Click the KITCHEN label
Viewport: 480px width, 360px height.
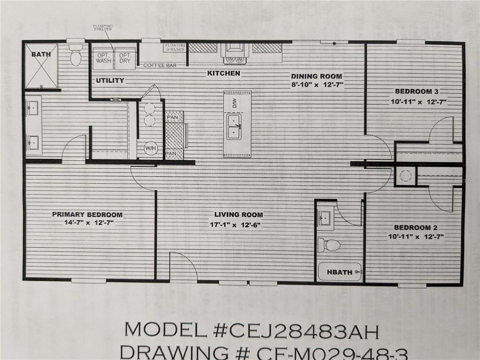223,73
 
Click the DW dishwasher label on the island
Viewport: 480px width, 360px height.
233,102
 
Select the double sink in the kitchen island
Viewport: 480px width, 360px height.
233,127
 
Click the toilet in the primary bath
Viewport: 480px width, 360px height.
75,55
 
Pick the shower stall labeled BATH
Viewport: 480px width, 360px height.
41,67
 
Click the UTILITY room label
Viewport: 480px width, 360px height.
110,80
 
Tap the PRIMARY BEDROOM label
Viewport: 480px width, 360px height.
87,214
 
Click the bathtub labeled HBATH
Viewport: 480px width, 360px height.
340,272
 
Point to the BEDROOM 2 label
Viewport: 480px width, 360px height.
416,226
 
